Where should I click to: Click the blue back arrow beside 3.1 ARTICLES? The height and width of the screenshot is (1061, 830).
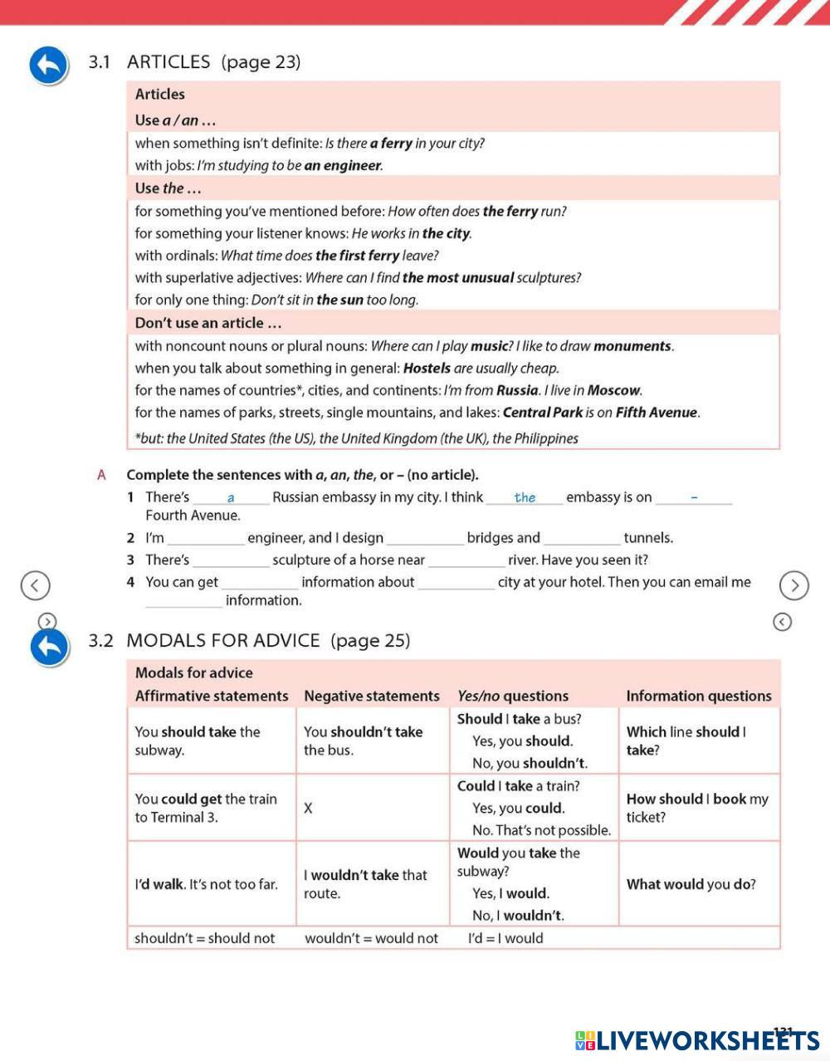click(x=48, y=66)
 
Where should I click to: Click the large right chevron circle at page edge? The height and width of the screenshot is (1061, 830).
click(x=794, y=585)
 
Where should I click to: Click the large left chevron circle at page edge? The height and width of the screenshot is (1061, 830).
click(x=35, y=585)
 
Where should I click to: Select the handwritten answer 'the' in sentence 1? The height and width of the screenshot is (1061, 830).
click(x=525, y=497)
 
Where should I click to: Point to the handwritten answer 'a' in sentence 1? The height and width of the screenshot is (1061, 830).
click(x=231, y=498)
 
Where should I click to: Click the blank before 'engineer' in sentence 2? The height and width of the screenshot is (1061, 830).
click(x=206, y=539)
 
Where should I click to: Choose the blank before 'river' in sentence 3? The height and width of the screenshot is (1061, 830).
click(x=466, y=561)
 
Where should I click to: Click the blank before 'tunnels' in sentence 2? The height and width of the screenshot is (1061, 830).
click(x=582, y=539)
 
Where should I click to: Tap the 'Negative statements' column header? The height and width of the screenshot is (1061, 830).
click(x=372, y=696)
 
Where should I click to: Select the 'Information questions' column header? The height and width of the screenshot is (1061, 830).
click(x=699, y=696)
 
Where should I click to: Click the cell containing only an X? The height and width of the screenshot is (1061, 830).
click(x=308, y=808)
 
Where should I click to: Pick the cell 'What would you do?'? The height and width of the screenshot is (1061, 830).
click(x=691, y=884)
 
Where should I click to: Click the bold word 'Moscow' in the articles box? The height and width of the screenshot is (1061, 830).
click(x=615, y=390)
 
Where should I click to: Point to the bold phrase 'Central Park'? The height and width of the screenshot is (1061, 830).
click(x=543, y=413)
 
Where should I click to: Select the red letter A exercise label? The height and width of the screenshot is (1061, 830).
click(x=102, y=475)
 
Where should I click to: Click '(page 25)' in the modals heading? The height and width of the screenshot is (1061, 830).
click(x=370, y=640)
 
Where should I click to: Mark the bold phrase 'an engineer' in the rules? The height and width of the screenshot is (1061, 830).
click(x=343, y=165)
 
